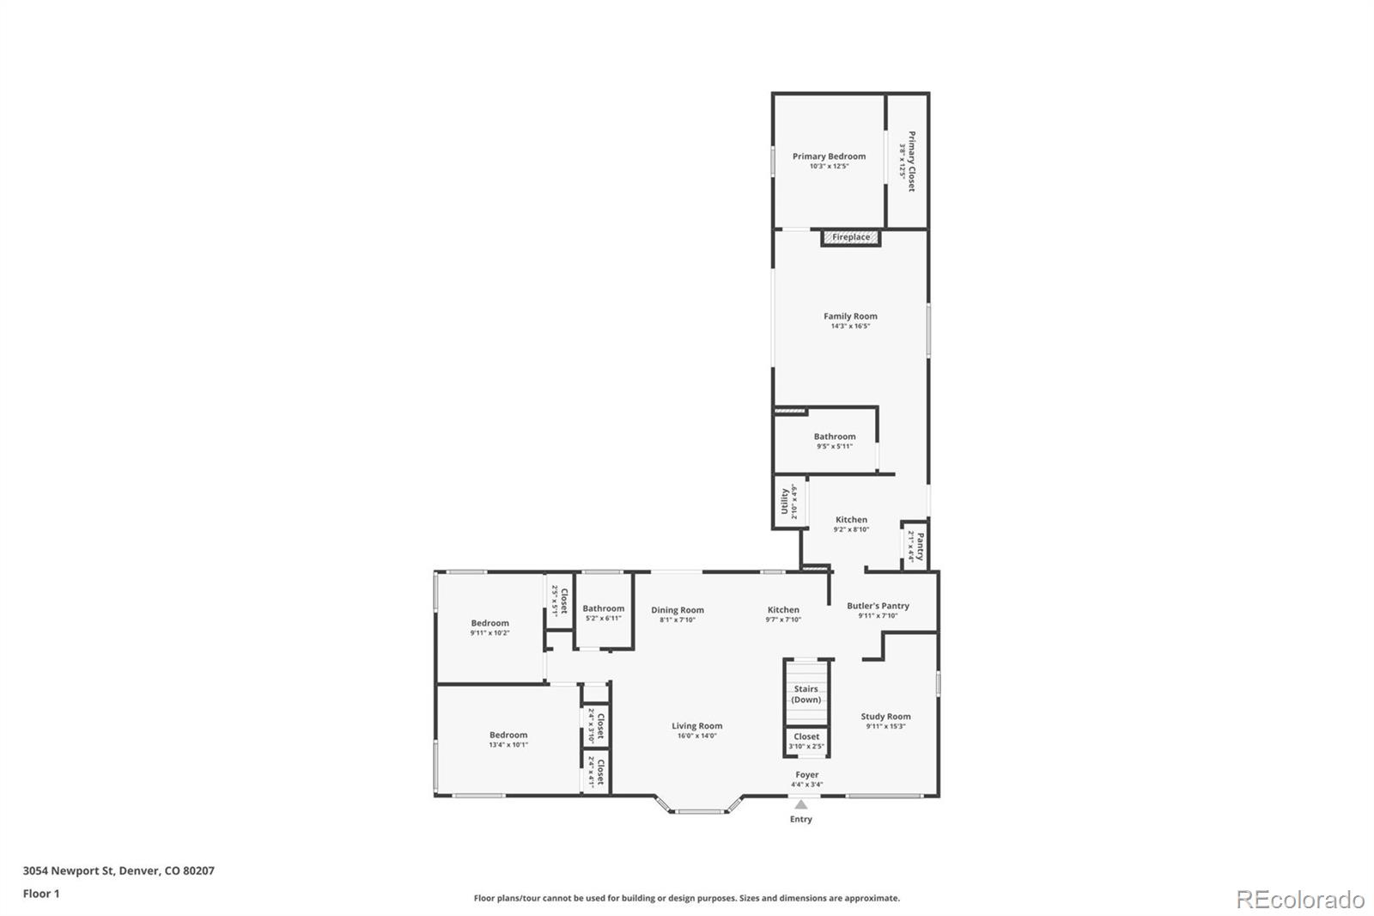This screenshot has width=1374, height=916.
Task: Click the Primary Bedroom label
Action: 829,156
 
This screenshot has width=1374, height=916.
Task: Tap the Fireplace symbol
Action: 850,237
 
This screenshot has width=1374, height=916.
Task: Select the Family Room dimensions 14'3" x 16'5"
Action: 850,327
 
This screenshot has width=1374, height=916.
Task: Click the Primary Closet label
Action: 911,161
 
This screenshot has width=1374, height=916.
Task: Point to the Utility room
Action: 786,502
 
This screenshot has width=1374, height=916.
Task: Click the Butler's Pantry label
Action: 878,606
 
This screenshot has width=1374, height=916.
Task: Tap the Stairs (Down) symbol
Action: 806,693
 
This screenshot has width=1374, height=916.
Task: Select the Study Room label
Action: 885,717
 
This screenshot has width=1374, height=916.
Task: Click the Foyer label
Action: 806,775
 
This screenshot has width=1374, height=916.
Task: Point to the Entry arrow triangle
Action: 800,805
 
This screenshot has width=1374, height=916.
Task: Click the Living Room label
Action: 696,726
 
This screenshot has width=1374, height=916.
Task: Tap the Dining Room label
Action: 677,610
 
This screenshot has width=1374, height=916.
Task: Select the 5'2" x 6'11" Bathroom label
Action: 603,608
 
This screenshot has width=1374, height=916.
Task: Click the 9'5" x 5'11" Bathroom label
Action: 835,437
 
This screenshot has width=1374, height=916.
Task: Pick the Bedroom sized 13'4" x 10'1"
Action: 508,735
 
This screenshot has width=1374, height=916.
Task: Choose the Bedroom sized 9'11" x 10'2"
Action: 489,623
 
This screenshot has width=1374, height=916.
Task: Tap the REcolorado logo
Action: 1299,900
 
